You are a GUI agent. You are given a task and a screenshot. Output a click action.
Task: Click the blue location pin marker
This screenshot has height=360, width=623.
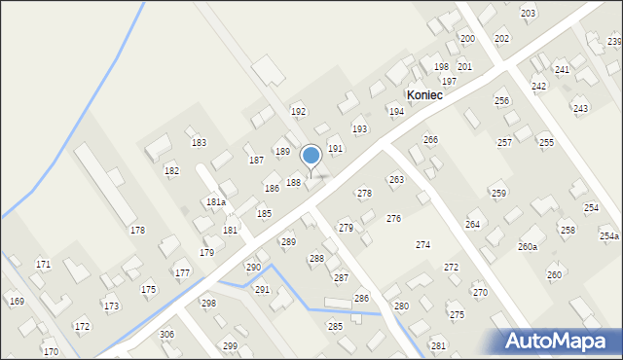[x=311, y=157]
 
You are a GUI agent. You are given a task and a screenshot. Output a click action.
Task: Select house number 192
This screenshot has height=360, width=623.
[x=298, y=112]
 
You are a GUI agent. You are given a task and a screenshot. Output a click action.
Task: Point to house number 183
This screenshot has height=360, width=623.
[x=199, y=143]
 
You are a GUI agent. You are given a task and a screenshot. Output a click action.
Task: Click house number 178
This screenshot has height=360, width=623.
[x=137, y=230]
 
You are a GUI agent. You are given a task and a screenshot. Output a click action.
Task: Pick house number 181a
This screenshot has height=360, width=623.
[x=216, y=202]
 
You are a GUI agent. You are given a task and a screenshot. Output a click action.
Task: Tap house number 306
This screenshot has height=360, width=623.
[x=166, y=334]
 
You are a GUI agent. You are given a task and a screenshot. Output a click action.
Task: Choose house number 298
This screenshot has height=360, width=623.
[x=208, y=304]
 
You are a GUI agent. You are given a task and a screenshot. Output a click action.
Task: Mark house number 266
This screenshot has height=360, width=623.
[x=430, y=140]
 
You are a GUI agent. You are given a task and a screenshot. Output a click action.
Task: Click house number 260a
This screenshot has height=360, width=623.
[x=528, y=247]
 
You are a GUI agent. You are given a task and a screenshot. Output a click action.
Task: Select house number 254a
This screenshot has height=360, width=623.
[x=609, y=236]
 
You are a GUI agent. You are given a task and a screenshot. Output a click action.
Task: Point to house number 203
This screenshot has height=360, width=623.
[x=529, y=13]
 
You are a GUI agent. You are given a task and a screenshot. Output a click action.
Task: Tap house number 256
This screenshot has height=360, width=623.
[x=502, y=101]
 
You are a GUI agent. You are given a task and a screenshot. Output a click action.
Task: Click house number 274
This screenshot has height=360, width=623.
[x=423, y=245]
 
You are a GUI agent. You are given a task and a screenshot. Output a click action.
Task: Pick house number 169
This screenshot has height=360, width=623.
[x=17, y=302]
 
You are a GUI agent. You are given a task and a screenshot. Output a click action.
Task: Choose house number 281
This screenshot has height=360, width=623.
[x=438, y=346]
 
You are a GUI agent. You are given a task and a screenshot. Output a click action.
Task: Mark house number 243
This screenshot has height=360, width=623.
[x=580, y=109]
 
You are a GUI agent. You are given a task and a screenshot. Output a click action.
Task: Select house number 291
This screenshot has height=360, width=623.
[x=262, y=290]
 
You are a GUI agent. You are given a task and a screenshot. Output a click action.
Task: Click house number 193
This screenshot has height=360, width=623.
[x=359, y=129]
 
